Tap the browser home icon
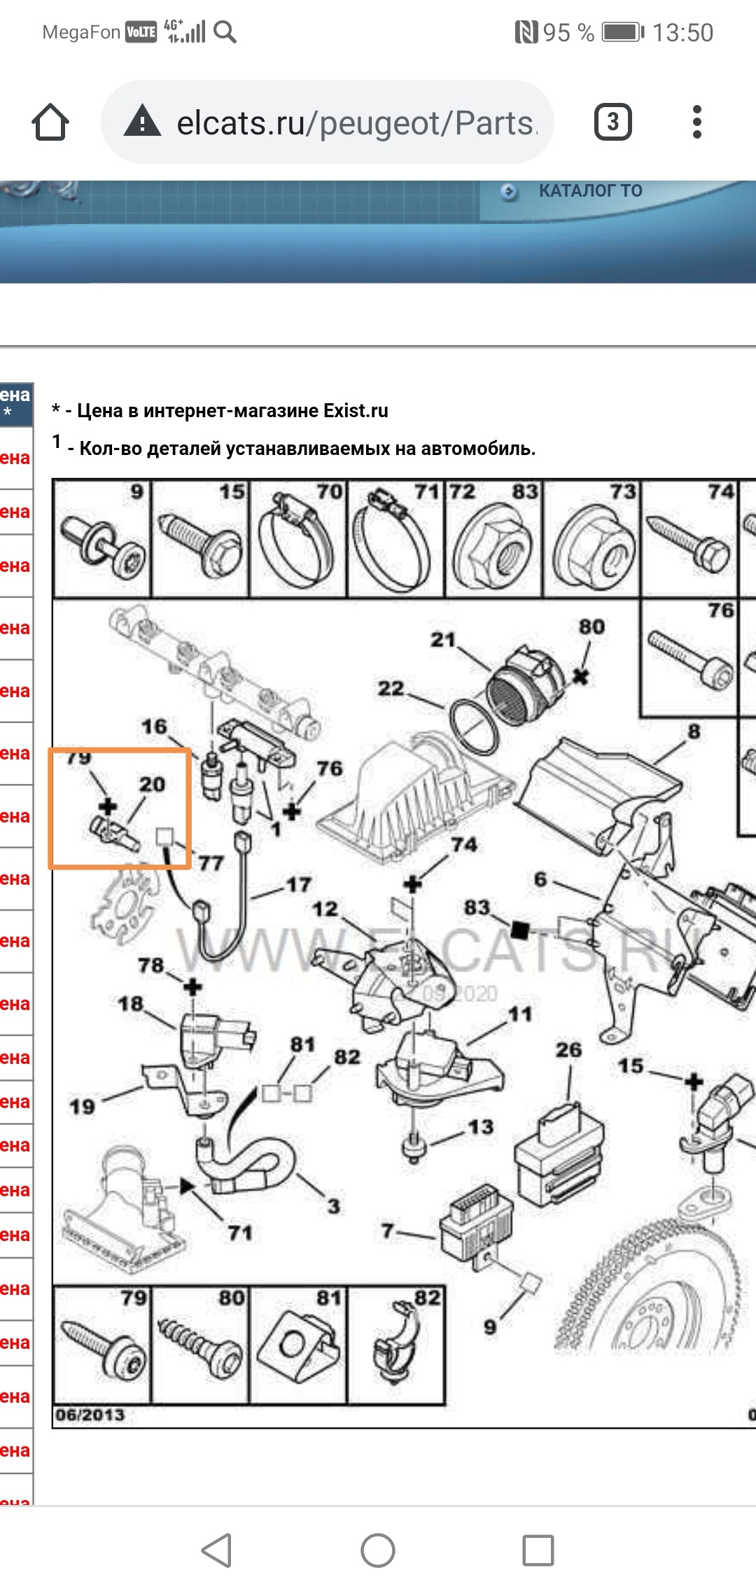50,122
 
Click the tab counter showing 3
612,122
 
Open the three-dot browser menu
696,122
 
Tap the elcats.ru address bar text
356,123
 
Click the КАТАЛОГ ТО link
590,190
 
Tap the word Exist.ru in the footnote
356,411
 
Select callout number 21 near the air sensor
442,640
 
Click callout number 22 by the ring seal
391,689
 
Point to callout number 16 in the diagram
154,727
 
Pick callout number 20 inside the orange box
152,785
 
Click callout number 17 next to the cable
299,885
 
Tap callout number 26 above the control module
568,1050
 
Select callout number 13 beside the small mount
481,1127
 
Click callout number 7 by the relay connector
387,1231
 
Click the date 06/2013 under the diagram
90,1415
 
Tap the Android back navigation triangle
217,1550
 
